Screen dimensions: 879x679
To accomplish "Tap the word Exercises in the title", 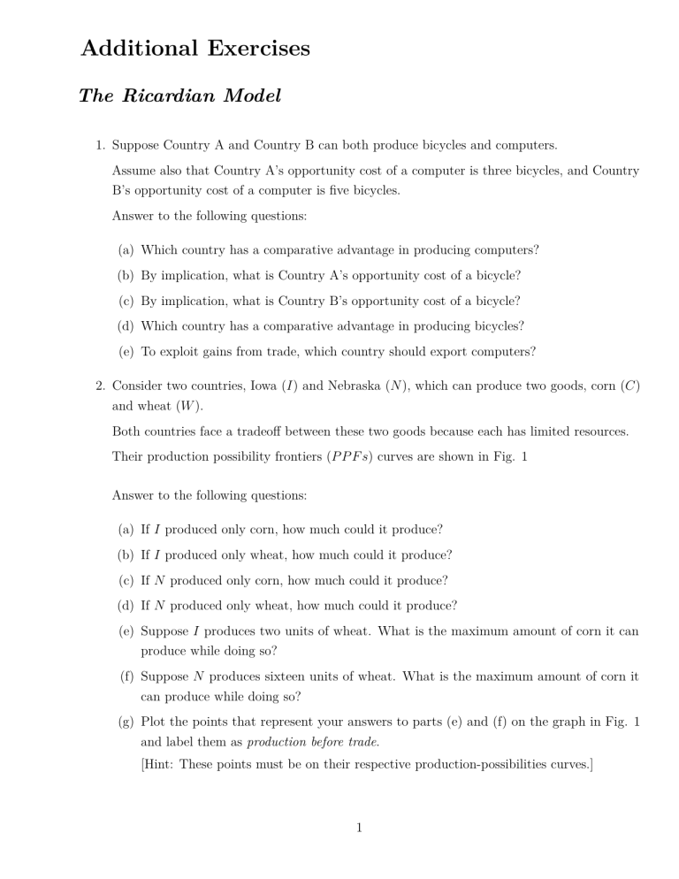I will tap(259, 48).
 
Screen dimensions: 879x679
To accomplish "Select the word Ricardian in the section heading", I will tap(167, 96).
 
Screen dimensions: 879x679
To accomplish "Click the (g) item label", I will tap(126, 722).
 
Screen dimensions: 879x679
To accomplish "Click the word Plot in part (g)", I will tap(156, 722).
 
